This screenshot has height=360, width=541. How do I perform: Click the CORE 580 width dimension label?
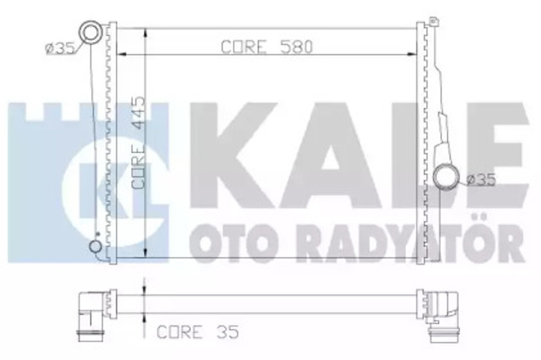tap(266, 46)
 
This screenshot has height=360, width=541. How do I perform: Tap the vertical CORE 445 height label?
tap(139, 143)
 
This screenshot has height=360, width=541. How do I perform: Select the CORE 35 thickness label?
tap(198, 332)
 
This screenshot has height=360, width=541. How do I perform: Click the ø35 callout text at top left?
tap(60, 49)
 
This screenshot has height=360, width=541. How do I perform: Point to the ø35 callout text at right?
tap(481, 180)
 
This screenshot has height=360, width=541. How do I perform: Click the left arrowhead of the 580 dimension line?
tap(122, 54)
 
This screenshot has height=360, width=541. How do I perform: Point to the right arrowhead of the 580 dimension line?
tap(412, 54)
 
